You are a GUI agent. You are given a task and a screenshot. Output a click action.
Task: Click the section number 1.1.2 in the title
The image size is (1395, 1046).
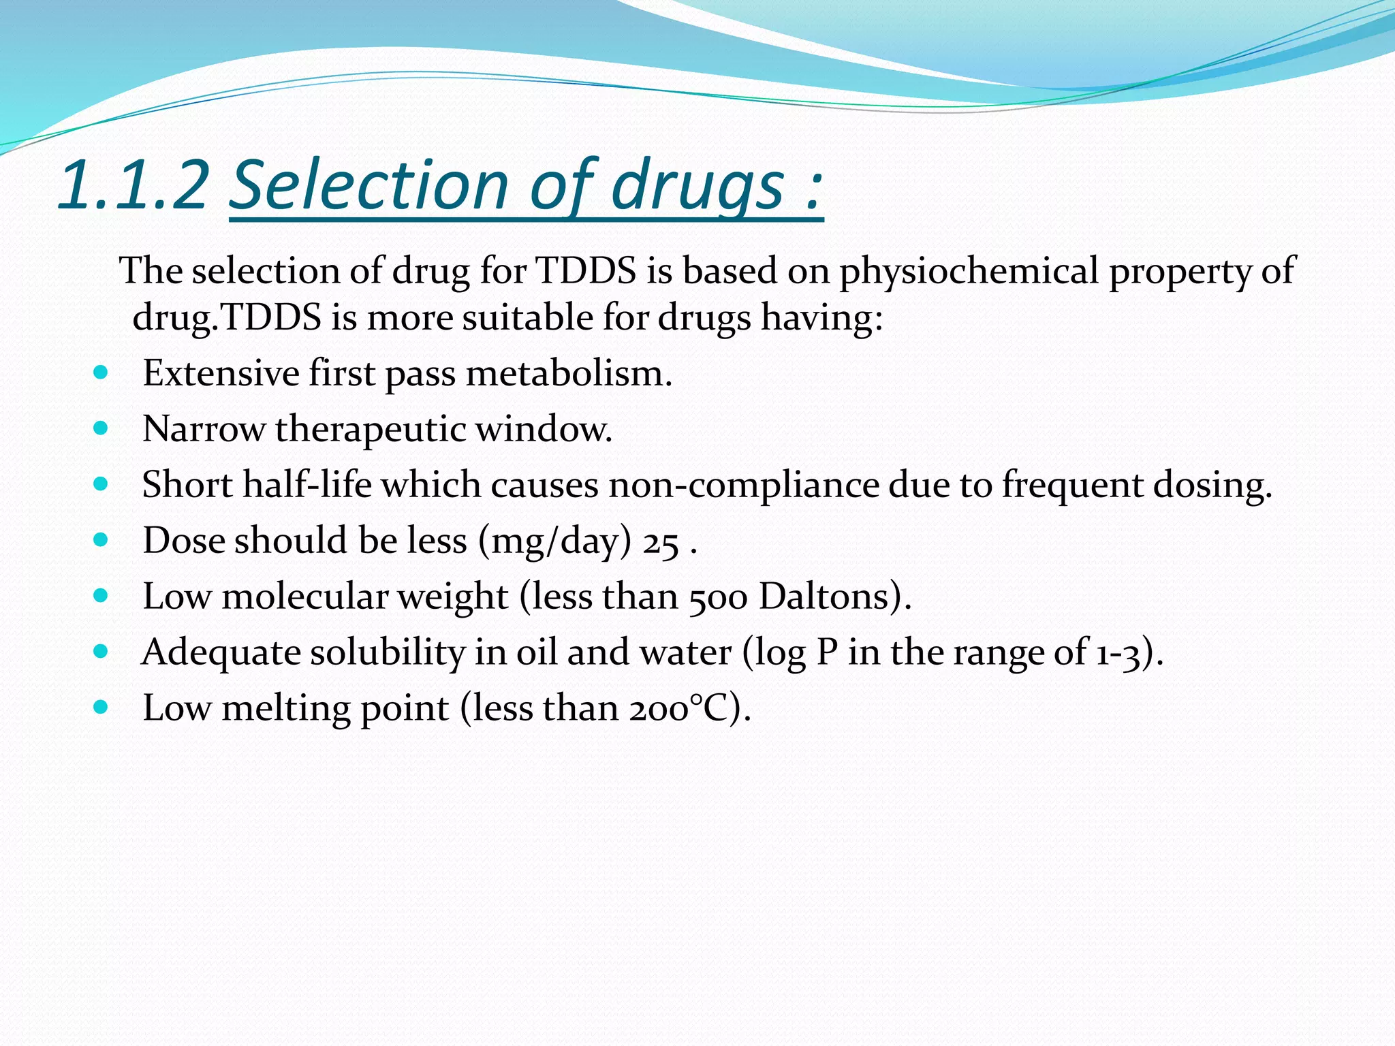pyautogui.click(x=134, y=185)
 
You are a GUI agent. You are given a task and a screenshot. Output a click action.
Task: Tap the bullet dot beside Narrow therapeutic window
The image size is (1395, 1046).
pyautogui.click(x=101, y=428)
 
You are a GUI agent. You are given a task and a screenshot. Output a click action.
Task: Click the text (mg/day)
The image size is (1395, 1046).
pyautogui.click(x=555, y=542)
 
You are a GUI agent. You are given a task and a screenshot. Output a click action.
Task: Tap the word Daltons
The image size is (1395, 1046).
pyautogui.click(x=825, y=597)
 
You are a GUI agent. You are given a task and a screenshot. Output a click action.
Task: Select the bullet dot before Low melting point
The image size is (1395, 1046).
pyautogui.click(x=101, y=708)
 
